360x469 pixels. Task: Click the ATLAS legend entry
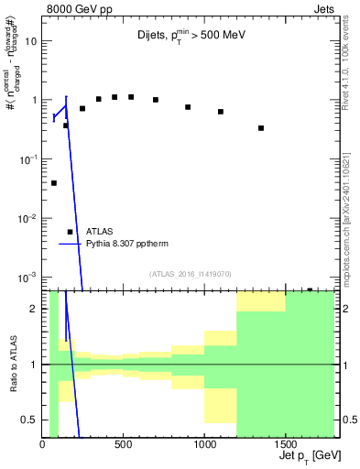coord(100,232)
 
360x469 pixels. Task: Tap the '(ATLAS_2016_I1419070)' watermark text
coord(189,273)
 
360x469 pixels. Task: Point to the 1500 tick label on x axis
coord(286,444)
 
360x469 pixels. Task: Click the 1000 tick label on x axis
coord(204,444)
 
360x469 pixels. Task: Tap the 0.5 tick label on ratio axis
coord(29,420)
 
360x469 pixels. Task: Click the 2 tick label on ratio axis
coord(35,309)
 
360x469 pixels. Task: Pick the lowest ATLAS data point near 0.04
coord(54,183)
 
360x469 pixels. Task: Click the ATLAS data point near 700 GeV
coord(156,100)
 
